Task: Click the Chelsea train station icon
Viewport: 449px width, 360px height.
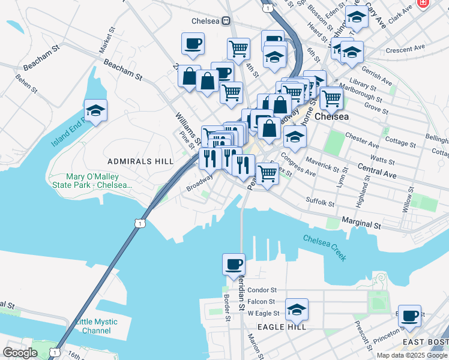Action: tap(226, 20)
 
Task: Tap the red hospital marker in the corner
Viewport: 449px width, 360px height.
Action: tap(424, 4)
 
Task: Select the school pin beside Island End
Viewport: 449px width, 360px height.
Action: tap(95, 110)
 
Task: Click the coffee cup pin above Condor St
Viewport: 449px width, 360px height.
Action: tap(234, 263)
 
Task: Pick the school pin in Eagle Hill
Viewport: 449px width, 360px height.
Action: tap(297, 310)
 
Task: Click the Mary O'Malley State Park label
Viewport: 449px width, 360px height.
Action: tap(100, 181)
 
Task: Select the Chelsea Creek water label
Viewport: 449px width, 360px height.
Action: tap(325, 247)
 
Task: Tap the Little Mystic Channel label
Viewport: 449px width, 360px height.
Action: tap(97, 326)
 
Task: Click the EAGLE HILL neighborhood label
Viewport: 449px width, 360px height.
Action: tap(282, 326)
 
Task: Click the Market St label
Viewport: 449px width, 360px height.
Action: tap(108, 40)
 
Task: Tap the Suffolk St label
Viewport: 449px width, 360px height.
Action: tap(319, 203)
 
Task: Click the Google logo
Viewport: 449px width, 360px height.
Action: tap(20, 353)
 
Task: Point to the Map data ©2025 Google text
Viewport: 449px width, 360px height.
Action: tap(412, 355)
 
